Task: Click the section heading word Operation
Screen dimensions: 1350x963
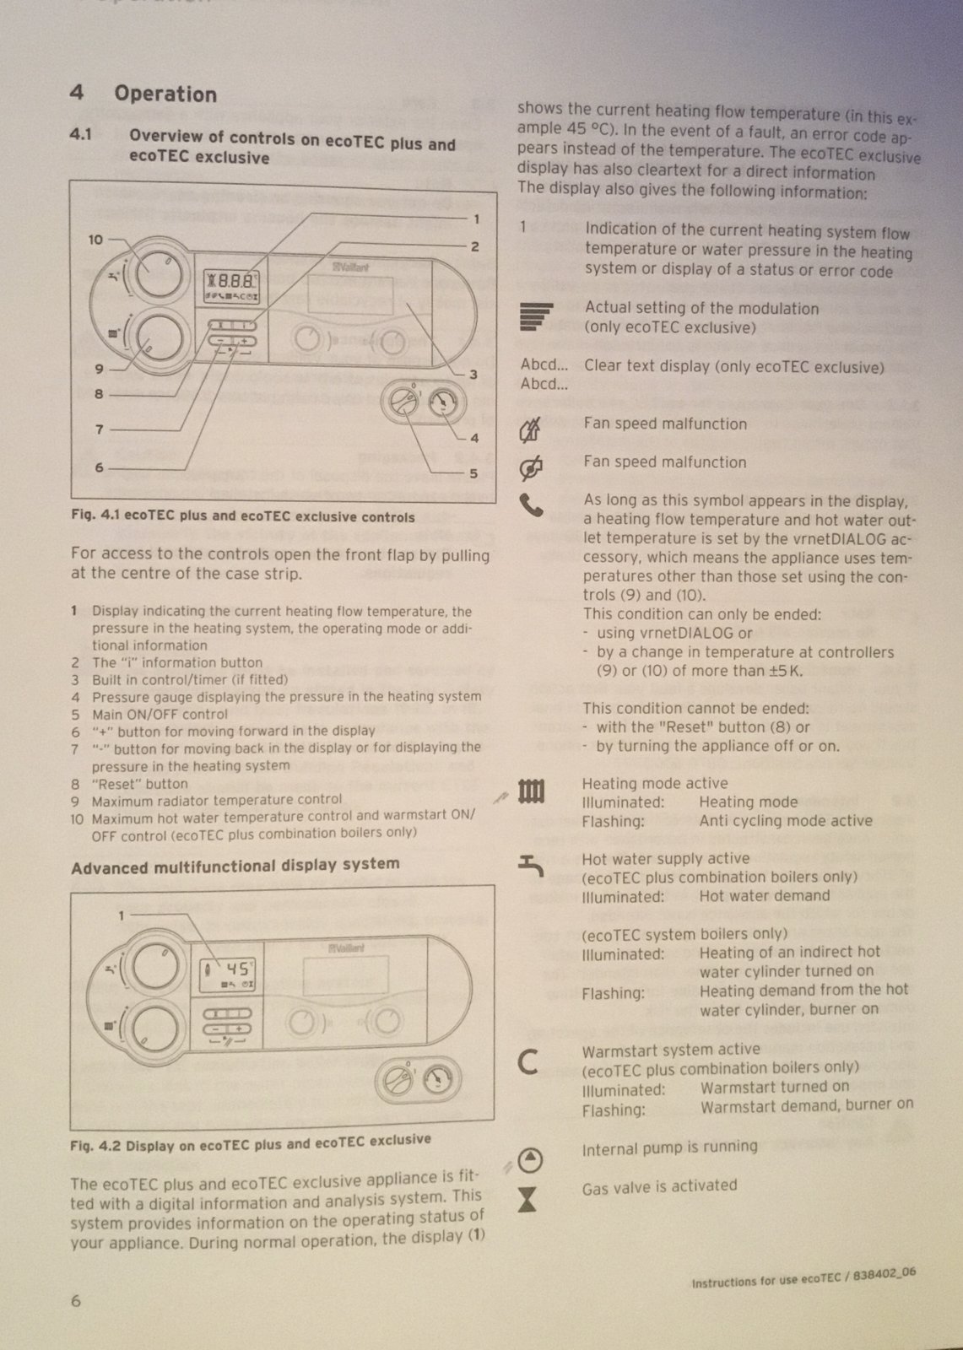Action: coord(165,94)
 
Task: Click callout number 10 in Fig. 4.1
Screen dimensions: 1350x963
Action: coord(96,240)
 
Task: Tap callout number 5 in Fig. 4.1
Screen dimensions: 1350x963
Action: coord(473,473)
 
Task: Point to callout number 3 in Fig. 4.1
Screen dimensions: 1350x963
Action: coord(473,374)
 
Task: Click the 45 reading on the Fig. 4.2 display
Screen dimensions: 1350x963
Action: coord(236,969)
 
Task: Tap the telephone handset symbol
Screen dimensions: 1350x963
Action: coord(531,505)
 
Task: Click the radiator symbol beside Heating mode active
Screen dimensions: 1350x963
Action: coord(531,791)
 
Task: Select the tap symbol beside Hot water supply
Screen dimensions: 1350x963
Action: coord(531,864)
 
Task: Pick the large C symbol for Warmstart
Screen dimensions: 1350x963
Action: coord(528,1061)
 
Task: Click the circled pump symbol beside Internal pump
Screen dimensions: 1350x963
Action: coord(529,1160)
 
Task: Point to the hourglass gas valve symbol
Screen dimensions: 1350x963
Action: coord(527,1199)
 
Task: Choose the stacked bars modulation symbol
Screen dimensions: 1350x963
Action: coord(536,316)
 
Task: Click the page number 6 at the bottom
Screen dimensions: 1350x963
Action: coord(76,1300)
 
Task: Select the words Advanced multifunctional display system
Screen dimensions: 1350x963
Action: coord(235,866)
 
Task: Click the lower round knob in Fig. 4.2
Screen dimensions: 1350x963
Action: coord(154,1029)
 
